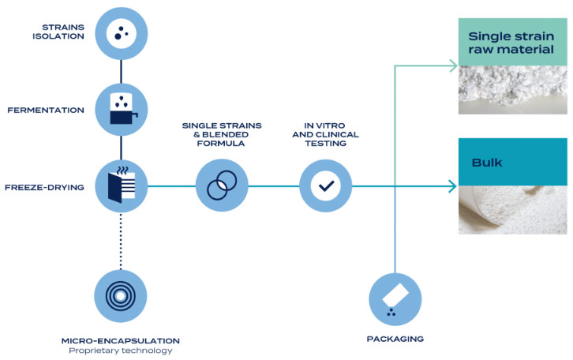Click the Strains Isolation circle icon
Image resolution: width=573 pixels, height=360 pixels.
coord(122,34)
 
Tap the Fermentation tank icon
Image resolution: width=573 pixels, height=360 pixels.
coord(122,109)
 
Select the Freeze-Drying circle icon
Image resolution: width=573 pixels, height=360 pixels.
coord(122,186)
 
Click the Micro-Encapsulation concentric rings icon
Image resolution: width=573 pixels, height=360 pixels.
coord(121,296)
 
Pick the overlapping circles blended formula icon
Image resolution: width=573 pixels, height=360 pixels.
coord(222,186)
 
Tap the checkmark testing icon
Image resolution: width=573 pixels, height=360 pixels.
coord(326,186)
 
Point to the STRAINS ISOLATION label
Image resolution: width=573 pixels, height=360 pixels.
coord(58,32)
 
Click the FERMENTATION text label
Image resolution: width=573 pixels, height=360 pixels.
coord(46,110)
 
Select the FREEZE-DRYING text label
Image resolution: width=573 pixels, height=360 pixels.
coord(44,187)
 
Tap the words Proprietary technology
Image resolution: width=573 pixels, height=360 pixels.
coord(121,351)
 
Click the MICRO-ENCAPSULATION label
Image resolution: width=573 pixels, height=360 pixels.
coord(121,341)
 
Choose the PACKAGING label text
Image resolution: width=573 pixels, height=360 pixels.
coord(395,339)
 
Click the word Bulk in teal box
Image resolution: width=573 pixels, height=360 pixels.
coord(487,163)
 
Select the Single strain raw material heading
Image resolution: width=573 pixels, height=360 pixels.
coord(511,43)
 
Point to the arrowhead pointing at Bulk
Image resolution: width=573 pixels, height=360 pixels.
coord(452,186)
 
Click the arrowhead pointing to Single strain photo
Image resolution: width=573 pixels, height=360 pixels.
coord(453,66)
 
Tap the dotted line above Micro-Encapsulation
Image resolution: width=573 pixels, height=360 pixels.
coord(121,242)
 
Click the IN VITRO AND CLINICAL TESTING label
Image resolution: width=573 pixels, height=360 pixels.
coord(326,134)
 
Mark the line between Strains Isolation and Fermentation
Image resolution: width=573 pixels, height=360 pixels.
coord(122,72)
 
